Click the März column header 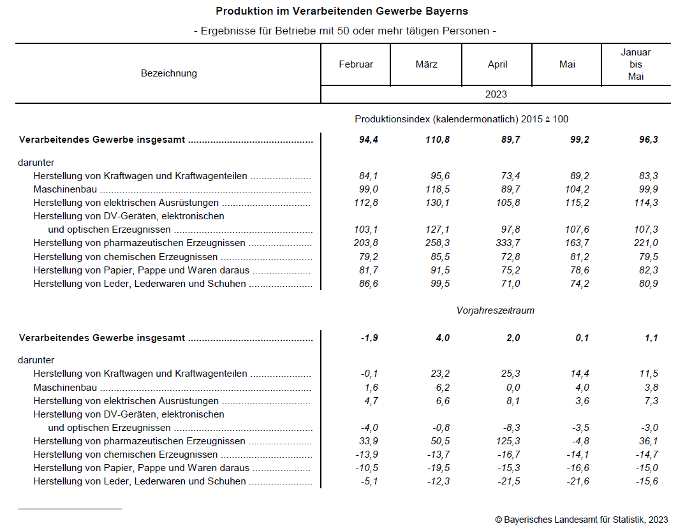[426, 64]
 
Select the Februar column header [356, 64]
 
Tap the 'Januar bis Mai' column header [636, 64]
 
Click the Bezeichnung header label [169, 73]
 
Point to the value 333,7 [508, 243]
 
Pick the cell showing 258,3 [438, 243]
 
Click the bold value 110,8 [438, 140]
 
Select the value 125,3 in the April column [508, 441]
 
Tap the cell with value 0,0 [512, 388]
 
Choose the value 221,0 [647, 243]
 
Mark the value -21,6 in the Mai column [577, 481]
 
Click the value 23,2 [440, 374]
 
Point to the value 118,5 [438, 189]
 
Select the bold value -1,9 [369, 338]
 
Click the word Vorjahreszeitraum [496, 310]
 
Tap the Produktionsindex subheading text [461, 119]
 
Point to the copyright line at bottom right [581, 520]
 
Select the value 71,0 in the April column [511, 284]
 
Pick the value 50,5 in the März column [440, 441]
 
